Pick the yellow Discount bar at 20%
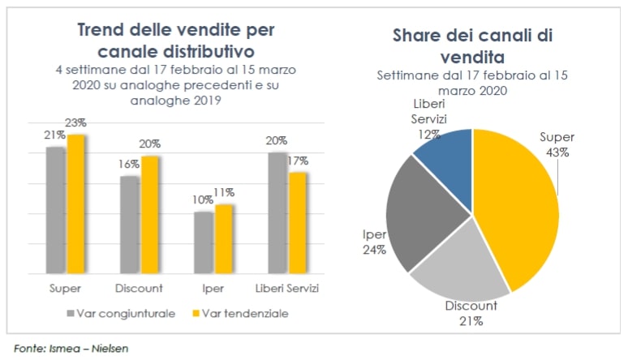[x=149, y=214]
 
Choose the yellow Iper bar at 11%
[x=223, y=238]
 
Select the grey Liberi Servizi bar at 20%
[x=277, y=212]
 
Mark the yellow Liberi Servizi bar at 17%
[x=298, y=222]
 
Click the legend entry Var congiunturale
[x=120, y=313]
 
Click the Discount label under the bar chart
[x=140, y=288]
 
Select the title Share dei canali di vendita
[x=473, y=46]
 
